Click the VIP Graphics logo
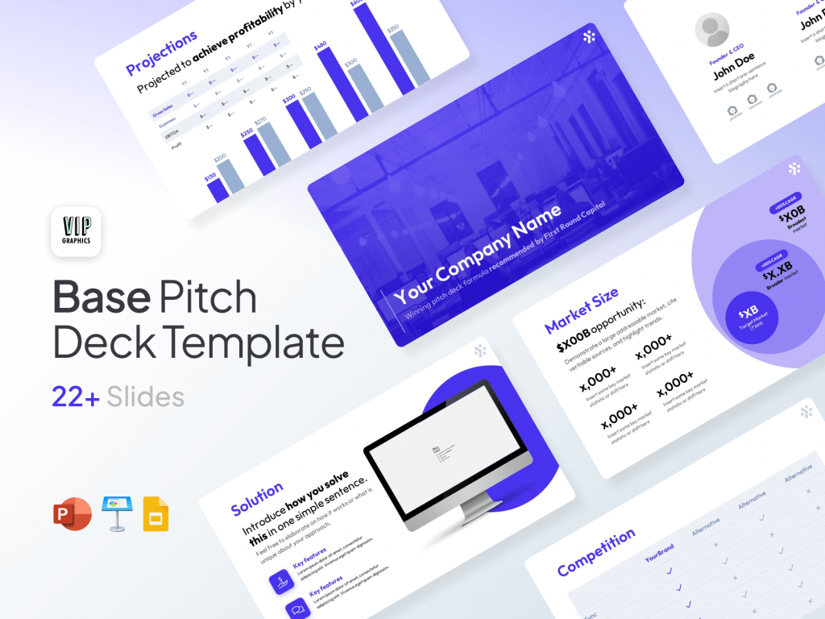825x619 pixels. (x=76, y=231)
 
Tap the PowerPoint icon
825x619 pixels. (x=73, y=514)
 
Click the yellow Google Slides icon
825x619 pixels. (x=155, y=513)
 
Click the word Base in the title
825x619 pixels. (x=102, y=297)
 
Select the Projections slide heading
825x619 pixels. (x=161, y=52)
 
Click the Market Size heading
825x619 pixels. (x=582, y=309)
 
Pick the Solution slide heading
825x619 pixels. (x=257, y=498)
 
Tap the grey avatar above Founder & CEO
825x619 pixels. (x=712, y=31)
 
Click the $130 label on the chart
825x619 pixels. (x=210, y=176)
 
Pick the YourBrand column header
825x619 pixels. (x=659, y=553)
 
